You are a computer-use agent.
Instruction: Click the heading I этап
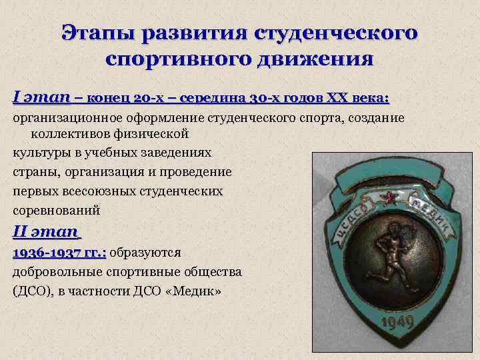41,98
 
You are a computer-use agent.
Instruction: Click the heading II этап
46,233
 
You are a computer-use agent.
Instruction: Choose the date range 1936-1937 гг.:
59,253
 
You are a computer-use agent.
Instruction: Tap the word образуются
151,253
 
